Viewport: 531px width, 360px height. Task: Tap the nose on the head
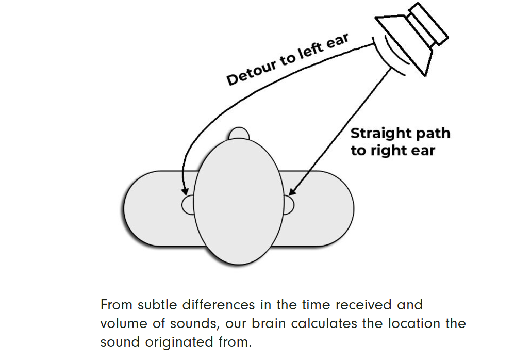click(x=239, y=134)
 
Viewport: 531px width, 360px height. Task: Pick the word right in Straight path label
click(x=392, y=151)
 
